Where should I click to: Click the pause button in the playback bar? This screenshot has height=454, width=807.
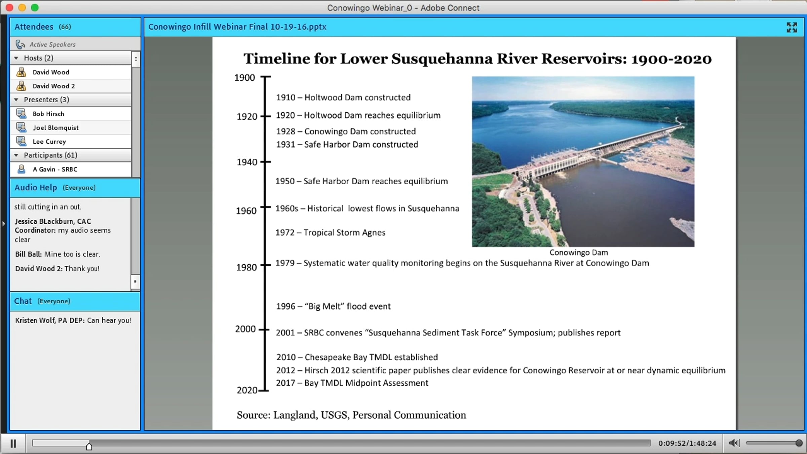13,444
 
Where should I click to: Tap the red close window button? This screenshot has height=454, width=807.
9,7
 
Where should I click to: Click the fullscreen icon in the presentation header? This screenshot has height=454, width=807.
792,27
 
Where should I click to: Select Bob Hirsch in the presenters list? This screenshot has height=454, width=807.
48,114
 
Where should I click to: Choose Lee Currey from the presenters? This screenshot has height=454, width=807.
49,142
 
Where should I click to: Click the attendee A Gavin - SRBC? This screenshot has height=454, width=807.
55,169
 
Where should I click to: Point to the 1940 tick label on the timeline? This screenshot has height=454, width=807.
247,162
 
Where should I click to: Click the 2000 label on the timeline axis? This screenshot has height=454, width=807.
245,329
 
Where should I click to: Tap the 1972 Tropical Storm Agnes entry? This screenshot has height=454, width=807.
330,233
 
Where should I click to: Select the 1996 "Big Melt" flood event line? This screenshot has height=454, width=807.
333,306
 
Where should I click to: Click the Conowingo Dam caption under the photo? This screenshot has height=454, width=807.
579,252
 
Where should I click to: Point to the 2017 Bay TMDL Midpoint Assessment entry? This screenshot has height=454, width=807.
352,383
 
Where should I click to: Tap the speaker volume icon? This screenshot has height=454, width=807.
734,443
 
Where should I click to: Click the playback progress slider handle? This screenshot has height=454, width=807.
89,446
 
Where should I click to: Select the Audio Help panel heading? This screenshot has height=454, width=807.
36,188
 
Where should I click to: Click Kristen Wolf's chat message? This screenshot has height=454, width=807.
73,320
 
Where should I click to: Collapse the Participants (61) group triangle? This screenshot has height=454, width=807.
16,155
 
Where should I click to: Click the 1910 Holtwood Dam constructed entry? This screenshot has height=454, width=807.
343,98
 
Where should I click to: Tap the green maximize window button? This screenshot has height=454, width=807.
35,7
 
